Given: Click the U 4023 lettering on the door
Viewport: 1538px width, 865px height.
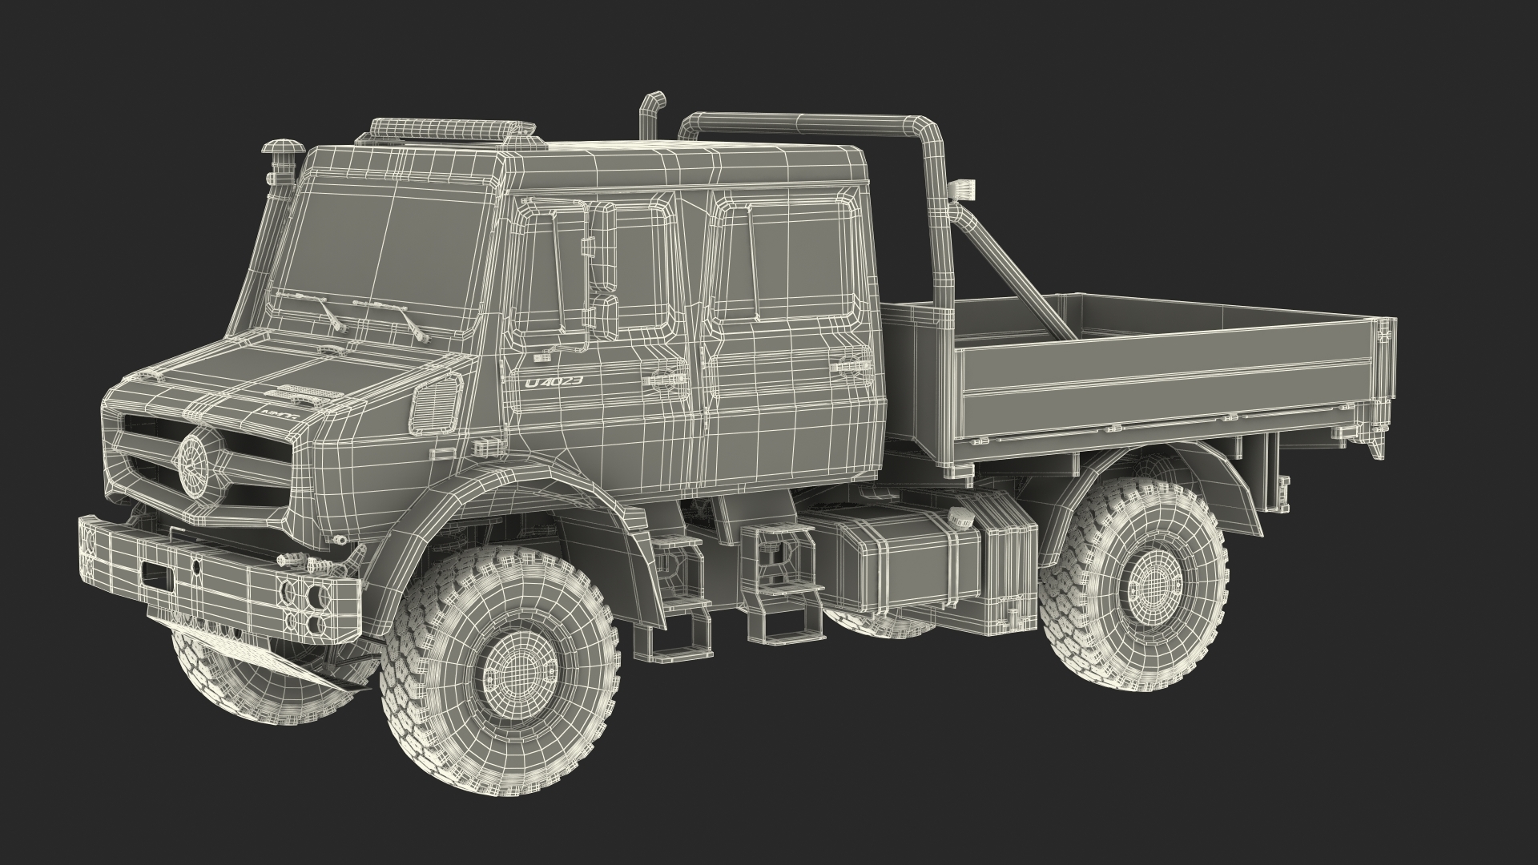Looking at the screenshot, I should pyautogui.click(x=554, y=382).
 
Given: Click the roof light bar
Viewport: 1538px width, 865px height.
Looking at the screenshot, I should pyautogui.click(x=453, y=129).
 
